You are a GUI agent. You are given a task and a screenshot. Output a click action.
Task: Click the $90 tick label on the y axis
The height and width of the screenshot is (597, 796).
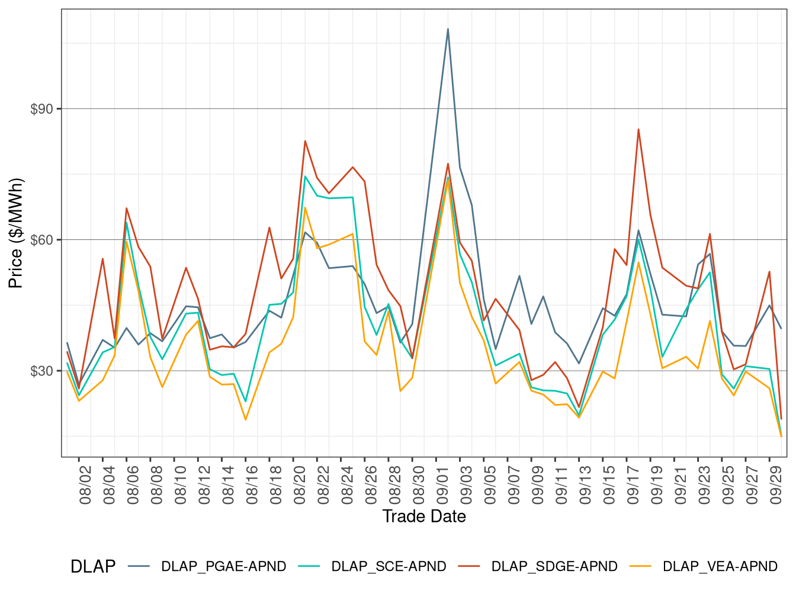[41, 109]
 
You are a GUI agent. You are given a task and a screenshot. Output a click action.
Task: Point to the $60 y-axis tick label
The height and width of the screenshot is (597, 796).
[41, 240]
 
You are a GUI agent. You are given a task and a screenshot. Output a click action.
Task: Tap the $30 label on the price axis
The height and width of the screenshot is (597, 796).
[41, 371]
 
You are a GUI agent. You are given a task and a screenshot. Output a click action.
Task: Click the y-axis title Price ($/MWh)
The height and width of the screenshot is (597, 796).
[16, 233]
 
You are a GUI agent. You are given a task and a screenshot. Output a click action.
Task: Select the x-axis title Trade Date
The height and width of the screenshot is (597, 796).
[424, 516]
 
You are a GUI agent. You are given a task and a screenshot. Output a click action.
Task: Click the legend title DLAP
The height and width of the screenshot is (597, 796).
[93, 567]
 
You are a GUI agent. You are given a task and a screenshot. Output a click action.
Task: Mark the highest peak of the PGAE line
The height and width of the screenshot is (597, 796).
[448, 29]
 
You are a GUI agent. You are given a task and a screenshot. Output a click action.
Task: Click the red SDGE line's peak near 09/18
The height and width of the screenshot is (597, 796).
[638, 129]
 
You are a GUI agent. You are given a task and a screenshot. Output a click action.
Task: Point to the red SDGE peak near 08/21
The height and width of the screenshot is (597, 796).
[305, 141]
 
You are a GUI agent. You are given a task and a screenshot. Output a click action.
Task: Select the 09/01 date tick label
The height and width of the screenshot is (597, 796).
[443, 484]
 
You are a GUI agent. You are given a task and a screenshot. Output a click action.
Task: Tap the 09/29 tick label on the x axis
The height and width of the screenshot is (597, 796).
[776, 484]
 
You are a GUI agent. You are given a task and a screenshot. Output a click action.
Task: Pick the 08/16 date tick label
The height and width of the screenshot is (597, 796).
[252, 484]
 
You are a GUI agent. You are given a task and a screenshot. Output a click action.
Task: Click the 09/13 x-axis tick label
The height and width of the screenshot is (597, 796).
[586, 484]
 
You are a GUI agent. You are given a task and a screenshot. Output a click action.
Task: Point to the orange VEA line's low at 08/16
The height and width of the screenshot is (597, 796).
[246, 420]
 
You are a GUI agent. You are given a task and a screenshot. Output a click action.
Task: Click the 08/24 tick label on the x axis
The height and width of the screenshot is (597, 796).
[348, 484]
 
